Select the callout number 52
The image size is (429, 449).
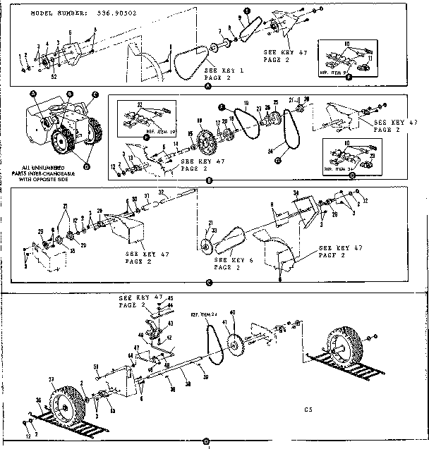click(54, 75)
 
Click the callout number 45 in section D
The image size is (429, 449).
click(169, 298)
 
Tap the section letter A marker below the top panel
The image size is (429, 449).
click(207, 85)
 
